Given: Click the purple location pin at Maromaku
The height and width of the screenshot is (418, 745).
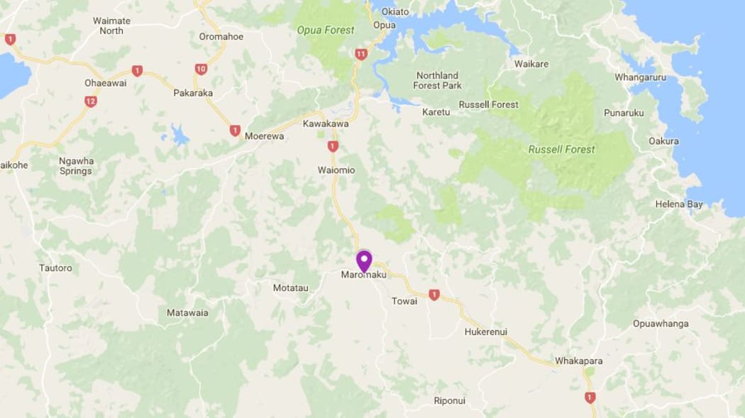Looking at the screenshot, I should [x=364, y=260].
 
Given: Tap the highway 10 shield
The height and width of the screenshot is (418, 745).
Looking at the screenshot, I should [x=201, y=69].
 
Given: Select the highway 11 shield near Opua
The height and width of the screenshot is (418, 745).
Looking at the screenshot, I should [x=361, y=54].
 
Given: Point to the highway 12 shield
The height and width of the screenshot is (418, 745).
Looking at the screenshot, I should [x=90, y=101].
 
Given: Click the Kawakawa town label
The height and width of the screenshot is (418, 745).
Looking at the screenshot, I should [x=326, y=123].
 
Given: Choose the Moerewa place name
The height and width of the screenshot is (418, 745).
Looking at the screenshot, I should [x=264, y=136].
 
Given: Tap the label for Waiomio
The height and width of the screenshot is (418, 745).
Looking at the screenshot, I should [x=336, y=170].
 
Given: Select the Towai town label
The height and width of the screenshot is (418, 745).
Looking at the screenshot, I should [x=404, y=301].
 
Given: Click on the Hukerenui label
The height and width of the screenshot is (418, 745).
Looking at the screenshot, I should [x=486, y=332].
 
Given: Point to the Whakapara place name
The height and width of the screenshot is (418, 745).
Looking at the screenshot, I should [x=578, y=361].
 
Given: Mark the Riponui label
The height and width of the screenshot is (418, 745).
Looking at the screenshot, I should [x=449, y=401].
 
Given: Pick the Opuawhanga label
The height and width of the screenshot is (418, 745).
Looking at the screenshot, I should [x=661, y=324].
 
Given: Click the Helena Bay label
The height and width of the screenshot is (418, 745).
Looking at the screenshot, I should [x=679, y=204].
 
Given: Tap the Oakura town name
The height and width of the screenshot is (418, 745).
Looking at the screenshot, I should [x=663, y=141].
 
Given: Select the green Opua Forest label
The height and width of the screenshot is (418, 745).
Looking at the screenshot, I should [x=326, y=30].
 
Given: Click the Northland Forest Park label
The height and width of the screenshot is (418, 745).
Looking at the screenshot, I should [x=437, y=80].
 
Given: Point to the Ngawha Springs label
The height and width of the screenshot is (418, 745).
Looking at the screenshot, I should [x=75, y=166].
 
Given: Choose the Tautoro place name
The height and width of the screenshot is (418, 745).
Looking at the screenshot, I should [x=55, y=268].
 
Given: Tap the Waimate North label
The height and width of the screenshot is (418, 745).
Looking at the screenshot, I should [x=111, y=26].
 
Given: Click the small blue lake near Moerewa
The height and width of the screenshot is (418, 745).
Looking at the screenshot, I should [x=178, y=134].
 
